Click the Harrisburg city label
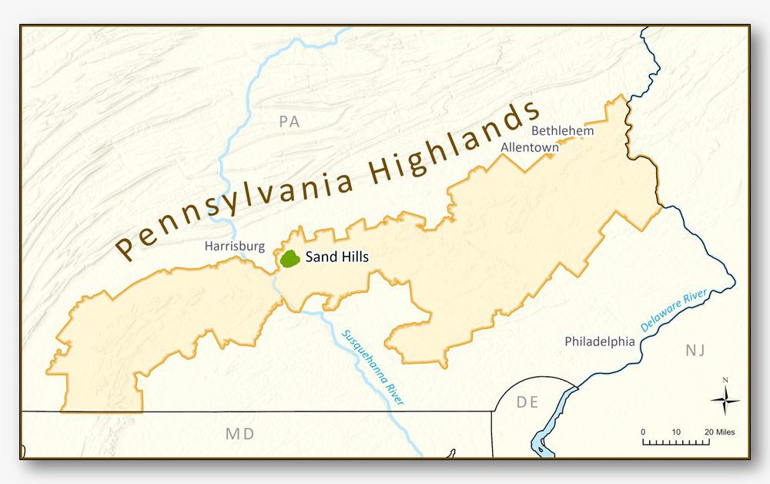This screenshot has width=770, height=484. (235, 247)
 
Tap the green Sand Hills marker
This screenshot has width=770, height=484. (290, 259)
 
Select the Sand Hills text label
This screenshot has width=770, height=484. (337, 257)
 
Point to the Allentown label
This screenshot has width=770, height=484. (530, 146)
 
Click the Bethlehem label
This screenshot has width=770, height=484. (563, 130)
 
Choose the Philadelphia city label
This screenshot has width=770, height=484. (600, 341)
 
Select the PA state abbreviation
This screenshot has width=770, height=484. (289, 121)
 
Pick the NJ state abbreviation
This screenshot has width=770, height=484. (695, 351)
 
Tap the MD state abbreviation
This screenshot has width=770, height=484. (239, 434)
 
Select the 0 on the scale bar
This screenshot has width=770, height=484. (643, 432)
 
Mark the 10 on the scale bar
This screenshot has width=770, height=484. (675, 432)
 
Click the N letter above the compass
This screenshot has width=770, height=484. (725, 380)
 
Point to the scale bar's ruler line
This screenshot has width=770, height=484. (675, 442)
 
